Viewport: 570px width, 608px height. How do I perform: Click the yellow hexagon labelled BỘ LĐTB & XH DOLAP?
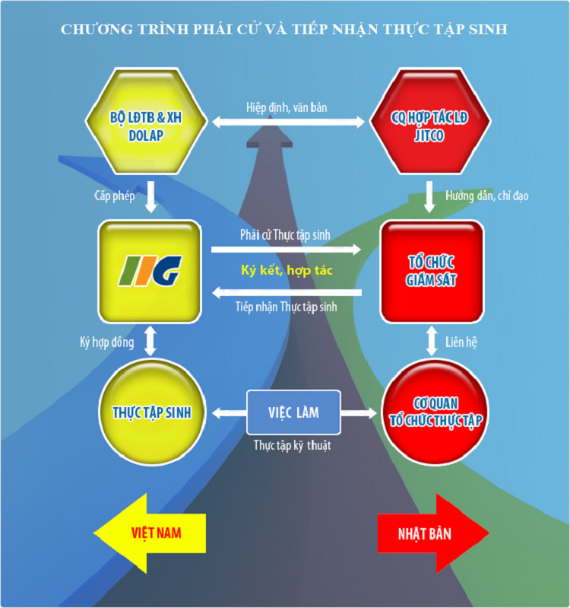tap(146, 121)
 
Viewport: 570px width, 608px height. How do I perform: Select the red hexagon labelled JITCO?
tap(430, 121)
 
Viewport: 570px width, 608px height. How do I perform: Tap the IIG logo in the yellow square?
tap(150, 271)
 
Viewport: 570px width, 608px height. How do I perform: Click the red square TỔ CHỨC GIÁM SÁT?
tap(432, 272)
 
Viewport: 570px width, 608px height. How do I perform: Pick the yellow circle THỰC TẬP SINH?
tap(152, 412)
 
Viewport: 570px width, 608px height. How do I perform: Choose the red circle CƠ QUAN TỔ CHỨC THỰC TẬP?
tap(435, 412)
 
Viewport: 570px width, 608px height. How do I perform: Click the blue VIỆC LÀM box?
tap(293, 412)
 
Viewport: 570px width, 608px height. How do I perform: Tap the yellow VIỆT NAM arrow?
tap(150, 533)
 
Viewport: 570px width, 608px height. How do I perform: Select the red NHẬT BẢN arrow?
tap(433, 533)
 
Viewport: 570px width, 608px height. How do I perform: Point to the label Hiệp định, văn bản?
tap(287, 107)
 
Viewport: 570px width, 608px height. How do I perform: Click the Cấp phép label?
tap(115, 196)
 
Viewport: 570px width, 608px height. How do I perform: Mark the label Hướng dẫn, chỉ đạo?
tap(486, 196)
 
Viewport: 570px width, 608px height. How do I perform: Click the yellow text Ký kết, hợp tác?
tap(287, 270)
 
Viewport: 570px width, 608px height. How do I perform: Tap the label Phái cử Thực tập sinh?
tap(285, 235)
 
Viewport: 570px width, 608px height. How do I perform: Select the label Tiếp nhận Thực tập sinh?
tap(287, 307)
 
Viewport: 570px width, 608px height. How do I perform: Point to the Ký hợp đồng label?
tap(107, 342)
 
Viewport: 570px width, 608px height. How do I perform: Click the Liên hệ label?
tap(461, 342)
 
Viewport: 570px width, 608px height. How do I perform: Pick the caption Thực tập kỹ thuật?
tap(293, 445)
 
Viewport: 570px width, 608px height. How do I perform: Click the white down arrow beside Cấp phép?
tap(150, 196)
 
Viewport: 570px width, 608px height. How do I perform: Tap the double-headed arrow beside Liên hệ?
tap(432, 341)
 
